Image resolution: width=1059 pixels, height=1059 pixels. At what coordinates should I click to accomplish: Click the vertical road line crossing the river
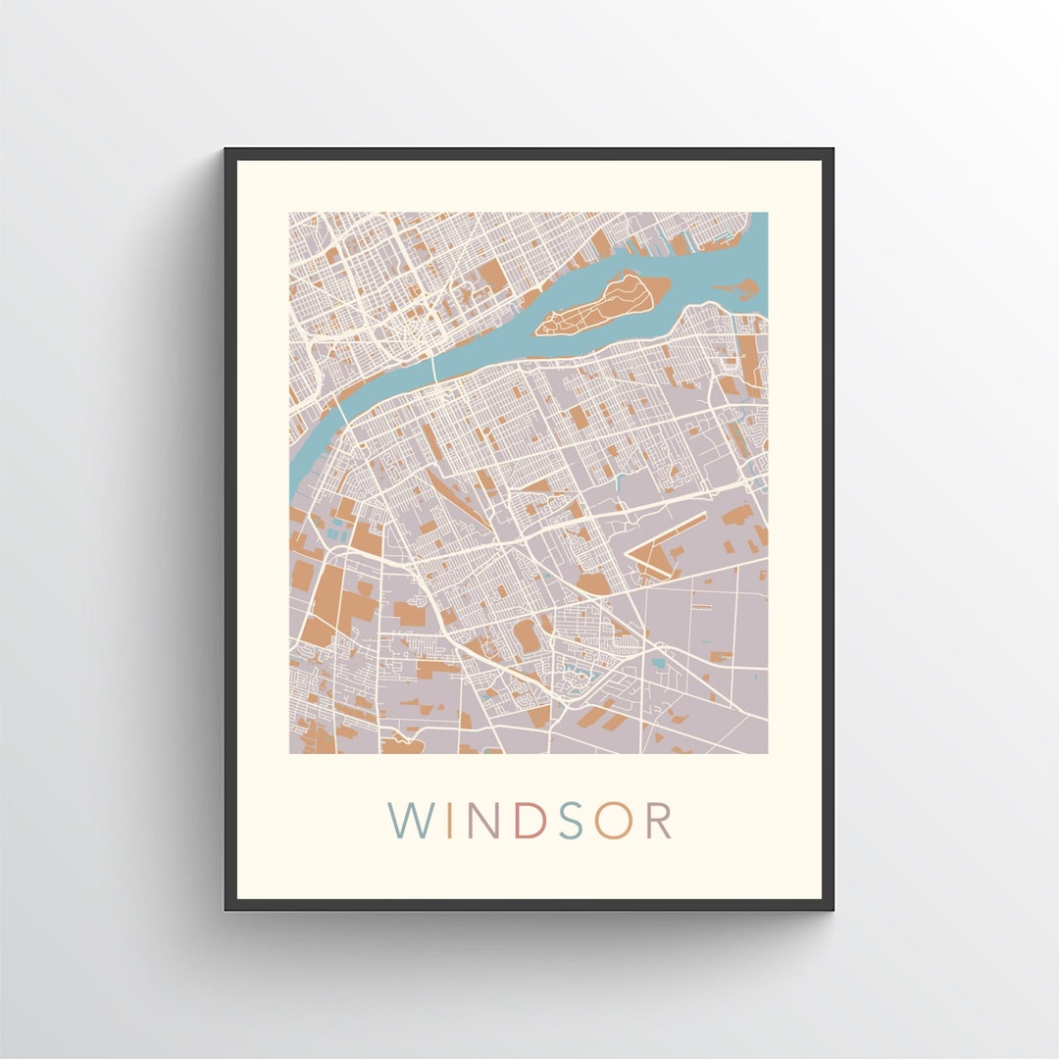click(432, 370)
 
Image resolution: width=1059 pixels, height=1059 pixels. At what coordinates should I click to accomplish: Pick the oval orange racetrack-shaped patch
click(527, 636)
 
